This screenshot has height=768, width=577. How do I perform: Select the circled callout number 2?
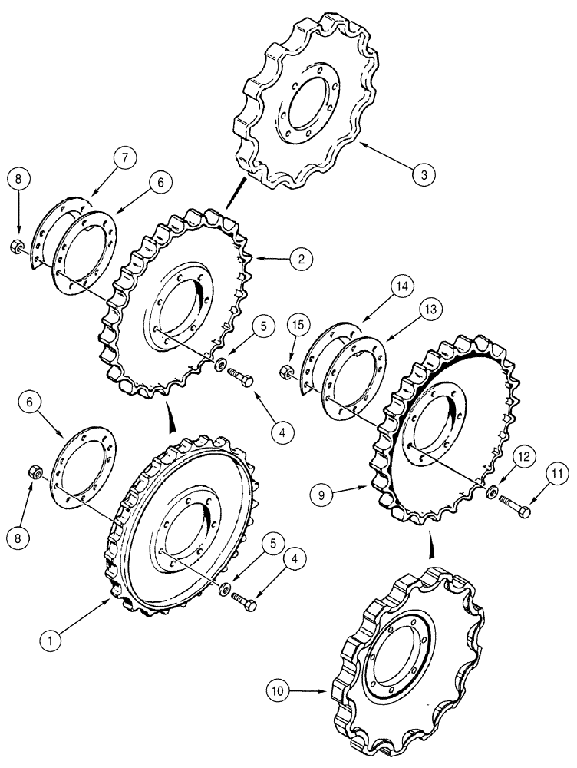[300, 259]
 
